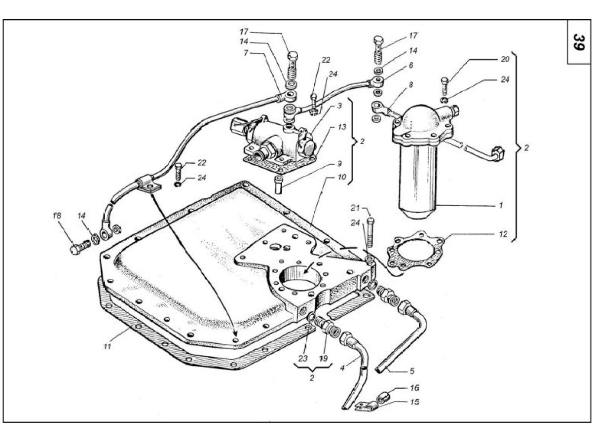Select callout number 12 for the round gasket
point(502,234)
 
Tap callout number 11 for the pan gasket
point(107,346)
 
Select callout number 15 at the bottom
point(414,402)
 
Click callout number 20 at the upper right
point(504,59)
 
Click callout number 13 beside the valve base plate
point(342,127)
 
